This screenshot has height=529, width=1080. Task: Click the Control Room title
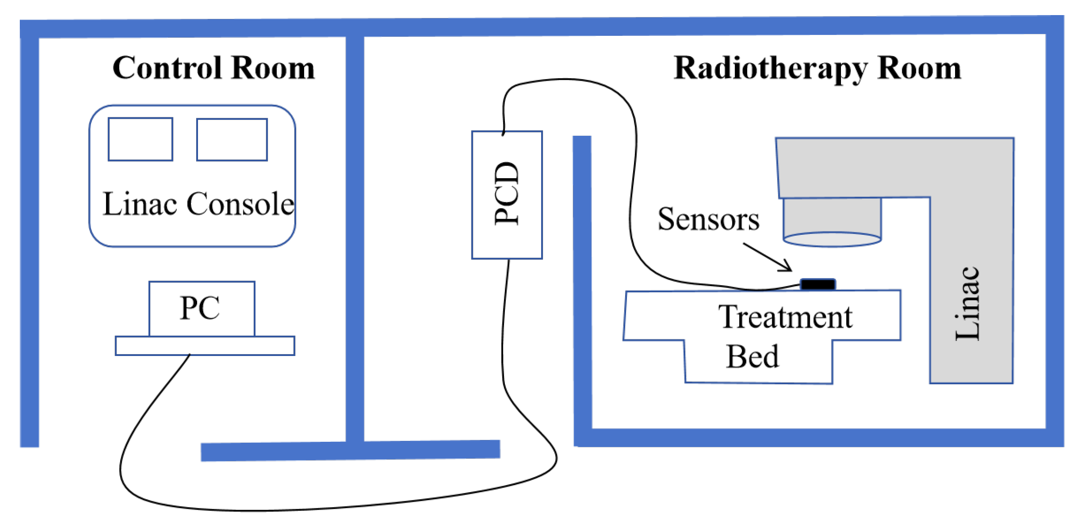click(213, 68)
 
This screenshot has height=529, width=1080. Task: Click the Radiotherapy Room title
click(817, 69)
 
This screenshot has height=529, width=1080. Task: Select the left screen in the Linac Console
click(140, 139)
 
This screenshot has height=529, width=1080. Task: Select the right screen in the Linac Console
click(232, 140)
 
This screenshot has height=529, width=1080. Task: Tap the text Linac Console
click(198, 204)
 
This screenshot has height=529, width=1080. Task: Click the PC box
click(202, 308)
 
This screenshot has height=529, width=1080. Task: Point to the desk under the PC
click(205, 346)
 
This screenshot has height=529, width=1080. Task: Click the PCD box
click(507, 195)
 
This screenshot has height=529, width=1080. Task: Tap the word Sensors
click(708, 219)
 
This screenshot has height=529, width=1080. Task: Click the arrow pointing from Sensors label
click(767, 257)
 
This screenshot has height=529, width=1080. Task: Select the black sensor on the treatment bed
click(818, 284)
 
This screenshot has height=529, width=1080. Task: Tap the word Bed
click(752, 356)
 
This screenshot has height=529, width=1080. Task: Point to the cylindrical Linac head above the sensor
click(832, 222)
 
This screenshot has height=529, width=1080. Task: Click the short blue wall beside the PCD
click(582, 283)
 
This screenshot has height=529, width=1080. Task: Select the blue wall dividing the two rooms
click(355, 236)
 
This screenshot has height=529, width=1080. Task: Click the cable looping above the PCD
click(566, 81)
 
